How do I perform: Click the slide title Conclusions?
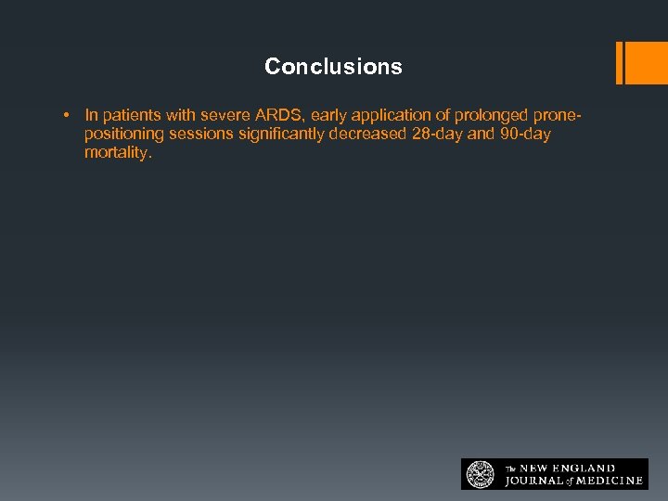coord(333,67)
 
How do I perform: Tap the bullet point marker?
coord(68,116)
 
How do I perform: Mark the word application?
coord(394,116)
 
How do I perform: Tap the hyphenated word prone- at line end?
coord(559,116)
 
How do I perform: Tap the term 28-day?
coord(436,135)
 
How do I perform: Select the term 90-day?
coord(525,135)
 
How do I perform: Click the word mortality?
coord(117,153)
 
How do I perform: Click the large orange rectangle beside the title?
coord(637,63)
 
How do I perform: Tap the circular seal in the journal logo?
coord(481,474)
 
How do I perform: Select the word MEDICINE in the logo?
coord(607,481)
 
